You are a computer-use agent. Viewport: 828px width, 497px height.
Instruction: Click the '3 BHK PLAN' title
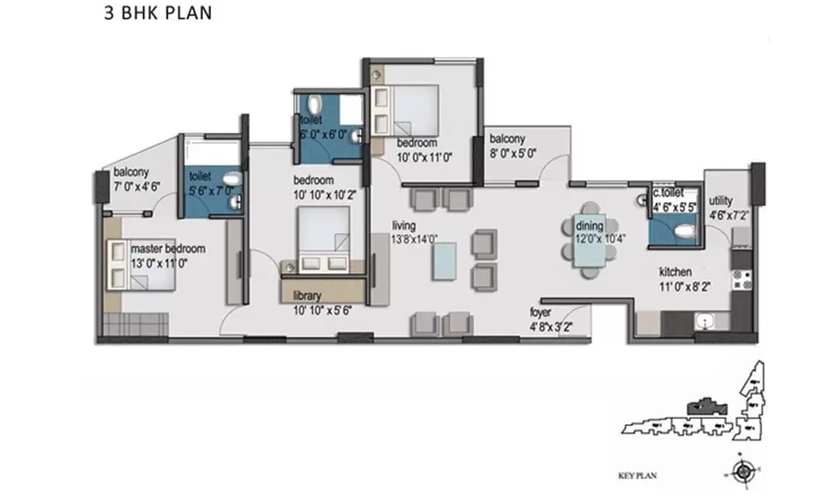[x=157, y=14]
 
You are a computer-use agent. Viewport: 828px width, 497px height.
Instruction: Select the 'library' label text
[x=307, y=295]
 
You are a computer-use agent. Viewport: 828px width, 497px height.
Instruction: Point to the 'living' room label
[x=405, y=225]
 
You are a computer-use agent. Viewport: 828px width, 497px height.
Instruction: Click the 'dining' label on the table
[x=590, y=226]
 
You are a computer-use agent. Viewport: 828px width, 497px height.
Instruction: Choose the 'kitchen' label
[x=676, y=272]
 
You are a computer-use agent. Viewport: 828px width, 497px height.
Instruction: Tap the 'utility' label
[x=721, y=200]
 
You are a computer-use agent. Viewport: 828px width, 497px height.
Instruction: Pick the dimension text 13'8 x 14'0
[x=415, y=239]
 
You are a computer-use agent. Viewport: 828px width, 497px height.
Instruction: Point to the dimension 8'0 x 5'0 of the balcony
[x=513, y=153]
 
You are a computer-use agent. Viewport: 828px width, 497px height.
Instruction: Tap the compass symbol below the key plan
[x=743, y=472]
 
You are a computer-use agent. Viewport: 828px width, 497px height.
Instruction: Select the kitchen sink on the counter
[x=705, y=321]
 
